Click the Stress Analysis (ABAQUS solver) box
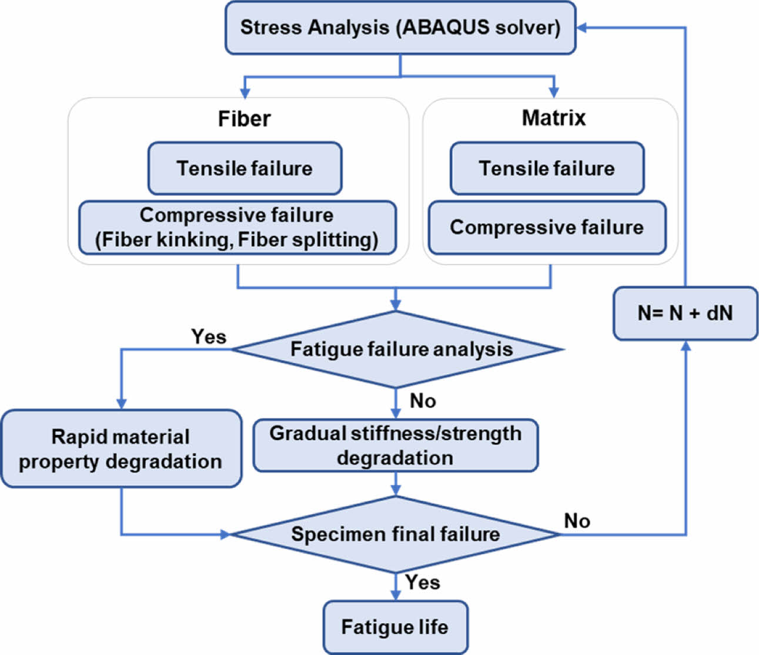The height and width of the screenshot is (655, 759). [400, 28]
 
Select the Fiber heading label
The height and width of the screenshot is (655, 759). [244, 118]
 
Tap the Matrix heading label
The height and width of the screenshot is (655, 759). [553, 118]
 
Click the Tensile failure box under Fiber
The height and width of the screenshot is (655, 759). [245, 168]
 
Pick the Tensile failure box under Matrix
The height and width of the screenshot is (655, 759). [547, 168]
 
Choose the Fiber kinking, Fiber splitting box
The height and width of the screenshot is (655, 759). [237, 228]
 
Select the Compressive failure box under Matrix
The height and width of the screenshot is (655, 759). [547, 227]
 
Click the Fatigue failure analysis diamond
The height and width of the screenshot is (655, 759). [398, 349]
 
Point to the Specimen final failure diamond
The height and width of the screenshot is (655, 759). [396, 534]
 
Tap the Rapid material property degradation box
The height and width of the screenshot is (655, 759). [121, 448]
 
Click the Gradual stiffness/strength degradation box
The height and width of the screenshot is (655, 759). [395, 445]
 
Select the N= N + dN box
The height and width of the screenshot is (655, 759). [685, 313]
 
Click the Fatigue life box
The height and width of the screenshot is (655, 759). [395, 627]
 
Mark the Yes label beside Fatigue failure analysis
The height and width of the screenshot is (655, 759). [209, 337]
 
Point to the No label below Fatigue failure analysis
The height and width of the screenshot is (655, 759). [423, 401]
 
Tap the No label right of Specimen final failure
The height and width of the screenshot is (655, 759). [577, 521]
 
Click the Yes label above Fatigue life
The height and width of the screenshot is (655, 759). [422, 582]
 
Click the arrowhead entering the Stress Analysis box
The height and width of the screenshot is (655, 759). [581, 28]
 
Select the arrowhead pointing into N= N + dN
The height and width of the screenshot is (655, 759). [685, 345]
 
